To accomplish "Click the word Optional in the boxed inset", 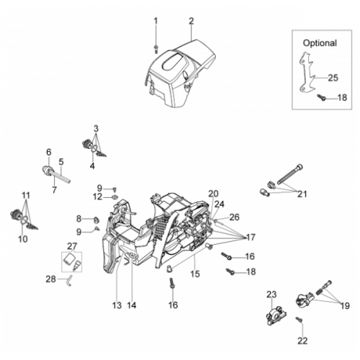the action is pos(320,43).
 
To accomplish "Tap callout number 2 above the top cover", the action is pos(191,21).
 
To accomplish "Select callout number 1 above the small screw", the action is pos(156,21).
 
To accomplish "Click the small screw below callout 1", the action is pos(156,49).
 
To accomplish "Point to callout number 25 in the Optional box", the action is pos(333,78).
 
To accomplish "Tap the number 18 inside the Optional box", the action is pos(342,98).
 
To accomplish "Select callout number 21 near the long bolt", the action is pos(302,194).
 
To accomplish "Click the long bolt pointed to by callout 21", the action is pos(290,174).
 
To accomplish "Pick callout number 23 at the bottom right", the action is pos(272,294).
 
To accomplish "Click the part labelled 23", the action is pos(276,315).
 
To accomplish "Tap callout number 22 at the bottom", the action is pos(302,341).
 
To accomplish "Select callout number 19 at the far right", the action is pos(345,306).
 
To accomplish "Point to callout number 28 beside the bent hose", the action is pos(50,279).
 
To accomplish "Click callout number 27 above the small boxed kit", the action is pos(72,246).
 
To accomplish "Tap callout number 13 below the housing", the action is pos(117,305).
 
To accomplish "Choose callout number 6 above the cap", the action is pos(49,152).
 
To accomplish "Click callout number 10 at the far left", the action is pos(23,239).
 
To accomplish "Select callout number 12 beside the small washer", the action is pos(97,197).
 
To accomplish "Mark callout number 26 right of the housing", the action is pos(235,217).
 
